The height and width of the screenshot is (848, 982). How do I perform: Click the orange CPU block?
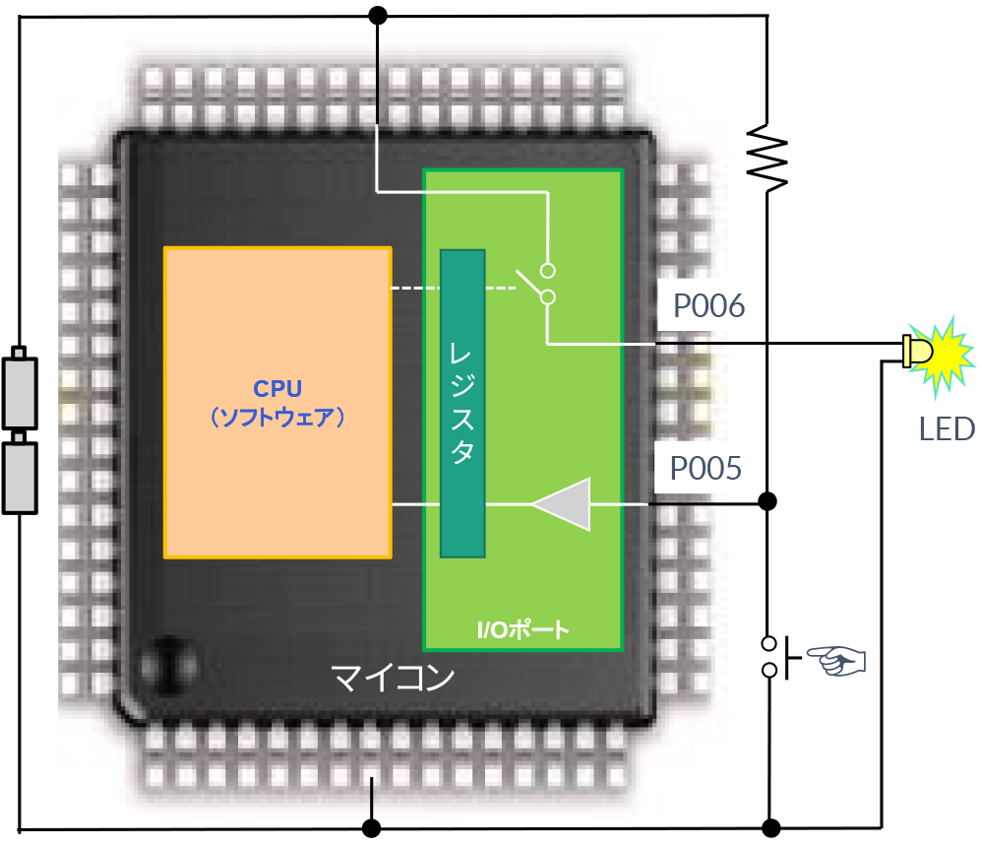click(277, 325)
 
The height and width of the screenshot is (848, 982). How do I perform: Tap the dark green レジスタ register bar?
click(462, 403)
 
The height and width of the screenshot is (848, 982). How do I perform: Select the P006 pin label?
click(708, 307)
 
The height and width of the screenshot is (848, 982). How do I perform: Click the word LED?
click(947, 428)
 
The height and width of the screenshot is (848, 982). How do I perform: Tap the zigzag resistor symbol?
click(767, 156)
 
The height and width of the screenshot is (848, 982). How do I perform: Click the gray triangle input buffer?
click(563, 504)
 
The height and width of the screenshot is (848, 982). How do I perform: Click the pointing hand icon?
click(835, 659)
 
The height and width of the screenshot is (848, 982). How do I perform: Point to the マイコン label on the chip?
click(393, 678)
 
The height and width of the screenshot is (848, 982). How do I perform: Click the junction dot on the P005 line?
click(768, 501)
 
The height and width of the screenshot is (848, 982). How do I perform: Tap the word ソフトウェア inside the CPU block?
click(277, 418)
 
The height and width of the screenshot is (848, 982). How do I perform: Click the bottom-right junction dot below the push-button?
click(770, 826)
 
